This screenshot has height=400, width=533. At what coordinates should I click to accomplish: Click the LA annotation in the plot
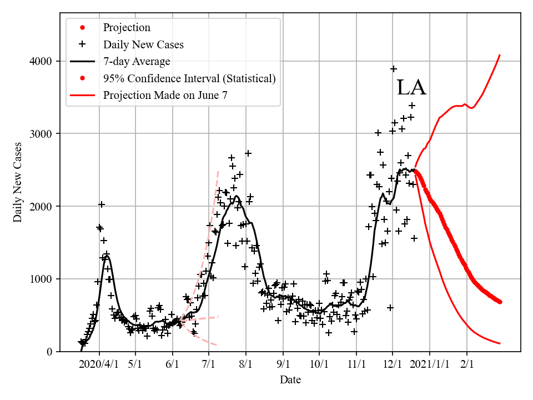[x=411, y=88]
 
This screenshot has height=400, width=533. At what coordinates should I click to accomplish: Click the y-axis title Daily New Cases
[x=18, y=182]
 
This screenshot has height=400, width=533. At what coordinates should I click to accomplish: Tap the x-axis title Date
[x=290, y=380]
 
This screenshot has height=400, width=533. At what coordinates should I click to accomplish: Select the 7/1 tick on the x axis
[x=209, y=364]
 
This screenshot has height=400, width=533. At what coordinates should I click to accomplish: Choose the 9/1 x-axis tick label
[x=283, y=364]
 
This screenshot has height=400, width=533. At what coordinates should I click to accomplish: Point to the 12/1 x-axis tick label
[x=393, y=364]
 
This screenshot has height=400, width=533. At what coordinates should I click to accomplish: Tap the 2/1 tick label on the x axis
[x=466, y=364]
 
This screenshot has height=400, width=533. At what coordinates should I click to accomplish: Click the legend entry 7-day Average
[x=137, y=61]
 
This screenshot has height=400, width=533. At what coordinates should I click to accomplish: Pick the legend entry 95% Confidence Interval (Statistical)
[x=189, y=78]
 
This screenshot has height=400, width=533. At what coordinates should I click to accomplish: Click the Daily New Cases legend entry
[x=143, y=44]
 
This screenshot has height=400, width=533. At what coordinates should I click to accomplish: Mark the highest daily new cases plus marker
[x=394, y=69]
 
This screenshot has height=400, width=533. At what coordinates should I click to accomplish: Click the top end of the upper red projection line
[x=500, y=55]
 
